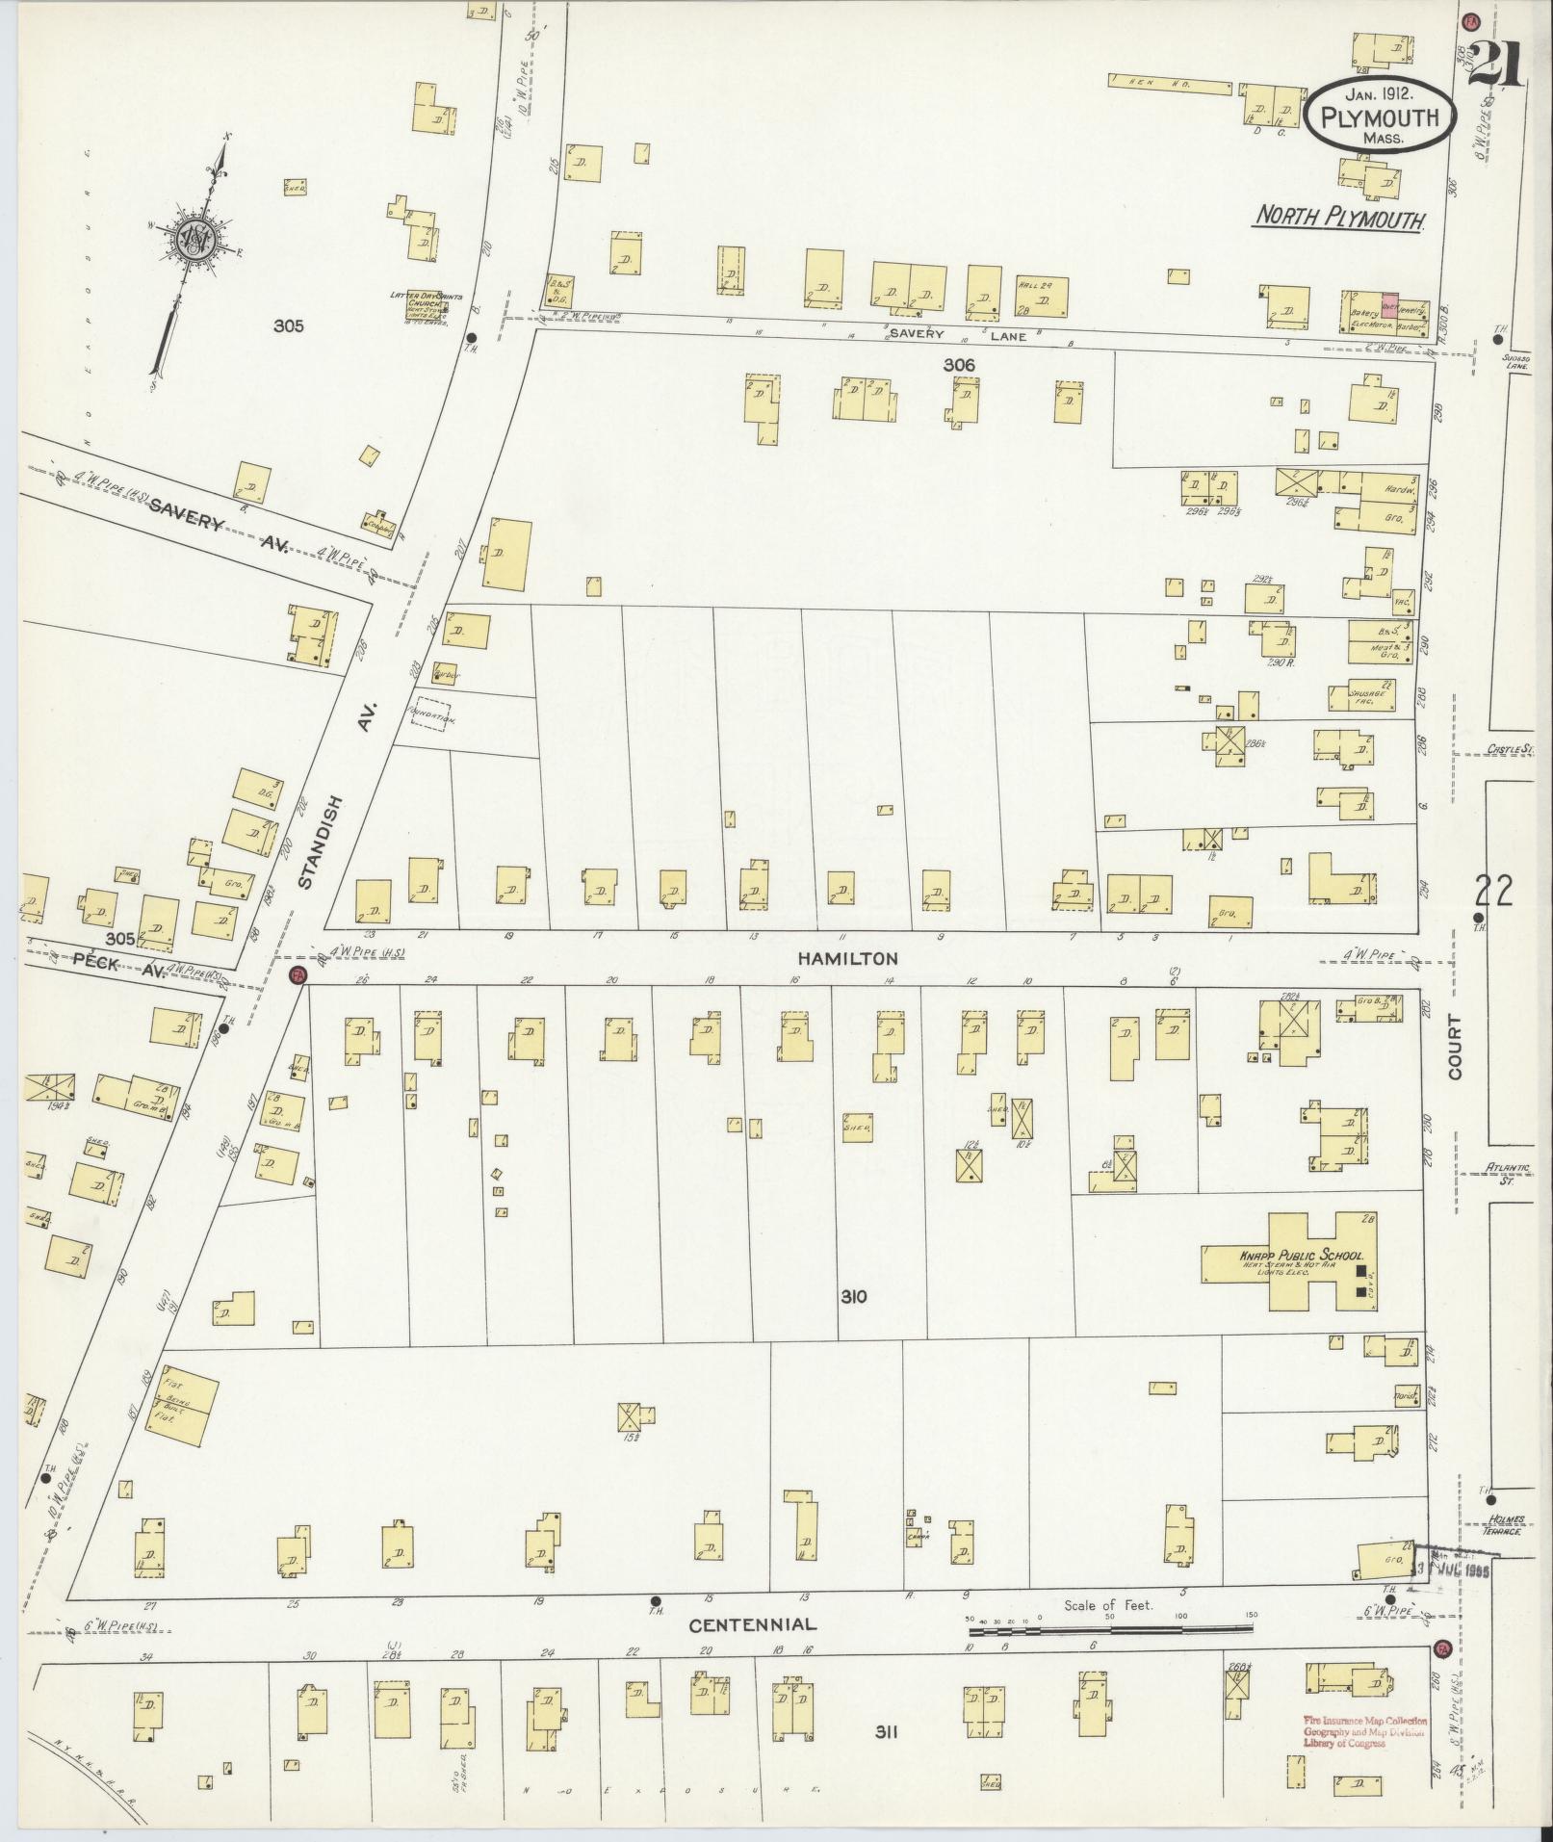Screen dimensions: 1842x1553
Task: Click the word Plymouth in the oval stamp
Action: (1380, 118)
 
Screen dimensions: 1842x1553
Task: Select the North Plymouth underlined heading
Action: (1339, 219)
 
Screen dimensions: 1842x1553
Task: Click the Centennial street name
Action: (752, 1624)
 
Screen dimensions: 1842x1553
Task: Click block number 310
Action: (852, 1297)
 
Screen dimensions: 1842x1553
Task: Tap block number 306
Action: (959, 365)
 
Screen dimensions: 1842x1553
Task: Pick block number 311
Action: (886, 1733)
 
